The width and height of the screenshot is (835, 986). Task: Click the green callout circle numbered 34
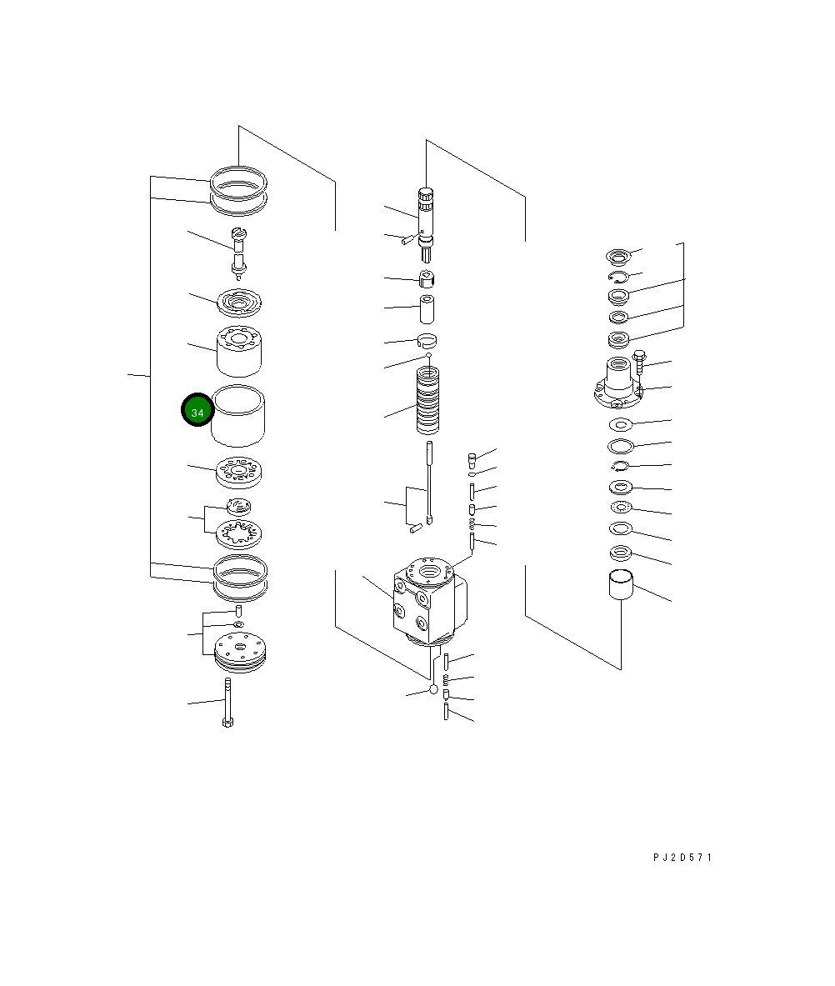[x=197, y=410]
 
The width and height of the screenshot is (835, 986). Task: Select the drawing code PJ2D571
[x=682, y=857]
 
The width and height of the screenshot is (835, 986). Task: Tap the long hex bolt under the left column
[x=227, y=703]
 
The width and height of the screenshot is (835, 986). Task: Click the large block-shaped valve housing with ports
[x=430, y=601]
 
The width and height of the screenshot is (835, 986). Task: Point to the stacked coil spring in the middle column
[x=428, y=401]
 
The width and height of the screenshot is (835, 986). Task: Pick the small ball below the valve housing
[x=433, y=690]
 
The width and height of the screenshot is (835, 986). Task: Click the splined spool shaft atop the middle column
[x=426, y=224]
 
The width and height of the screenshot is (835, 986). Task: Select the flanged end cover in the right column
[x=618, y=383]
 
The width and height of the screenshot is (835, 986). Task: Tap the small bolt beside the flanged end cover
[x=639, y=362]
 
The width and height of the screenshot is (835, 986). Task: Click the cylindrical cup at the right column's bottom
[x=621, y=584]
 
